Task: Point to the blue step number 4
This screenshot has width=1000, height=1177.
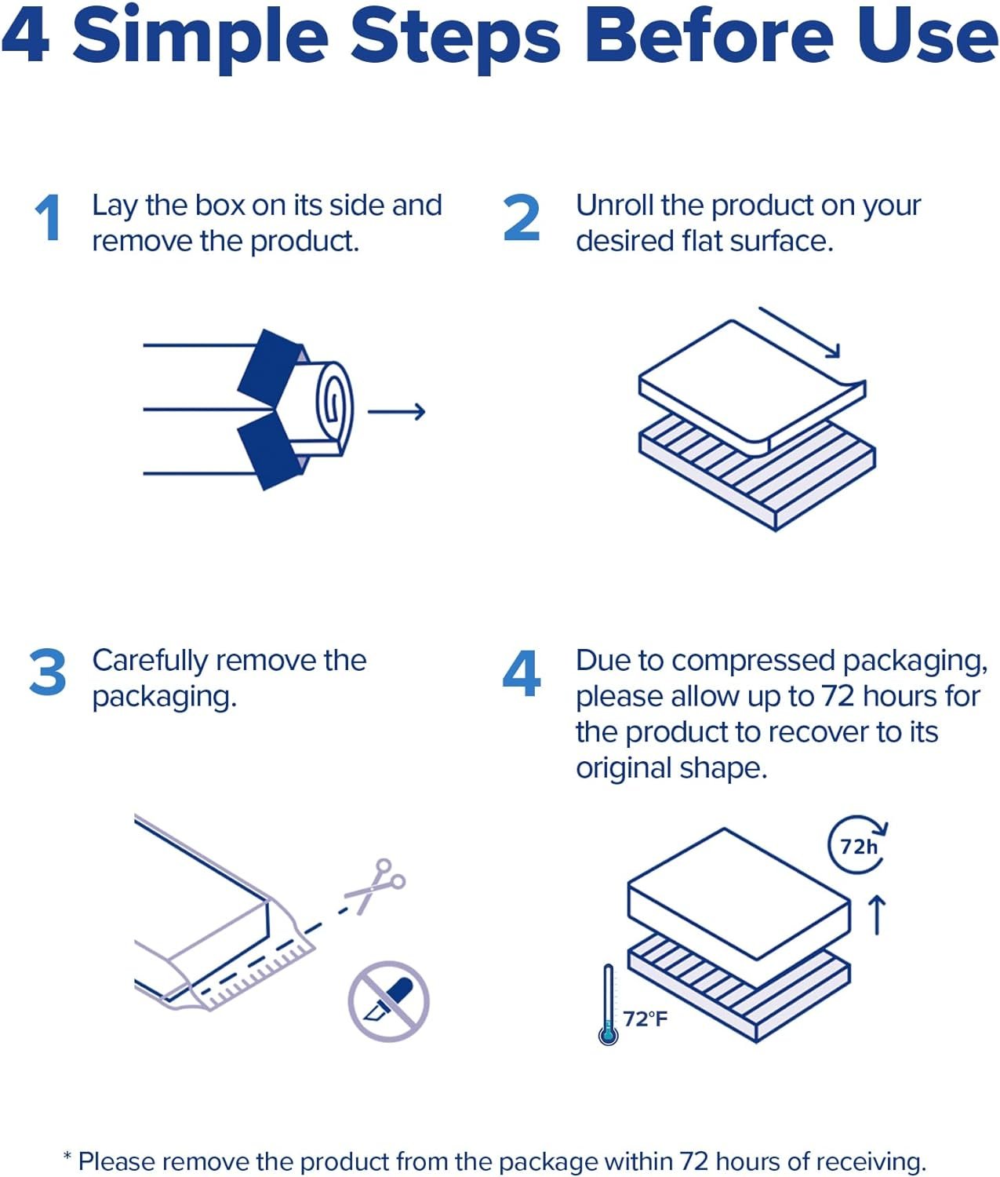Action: point(522,673)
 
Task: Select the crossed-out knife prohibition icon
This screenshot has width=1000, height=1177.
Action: point(389,1001)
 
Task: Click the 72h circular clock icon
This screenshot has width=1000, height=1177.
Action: point(857,845)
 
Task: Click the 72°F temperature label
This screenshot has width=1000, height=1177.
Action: point(645,1018)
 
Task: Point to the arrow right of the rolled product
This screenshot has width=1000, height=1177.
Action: point(396,411)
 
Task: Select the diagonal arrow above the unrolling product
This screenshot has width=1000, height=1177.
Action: point(800,333)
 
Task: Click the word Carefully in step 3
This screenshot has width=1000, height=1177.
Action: point(151,662)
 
